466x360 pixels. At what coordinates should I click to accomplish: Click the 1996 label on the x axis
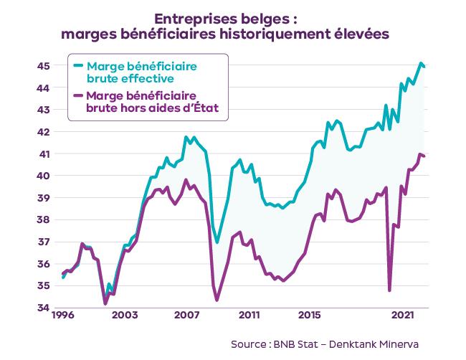pos(63,316)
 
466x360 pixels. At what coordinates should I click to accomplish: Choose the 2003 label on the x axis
pos(125,316)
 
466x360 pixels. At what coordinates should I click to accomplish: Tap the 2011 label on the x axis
pos(249,316)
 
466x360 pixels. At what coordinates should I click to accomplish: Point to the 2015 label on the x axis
pos(310,316)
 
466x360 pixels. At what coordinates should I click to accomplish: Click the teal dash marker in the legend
pos(77,66)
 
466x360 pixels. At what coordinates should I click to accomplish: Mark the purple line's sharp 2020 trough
pos(389,290)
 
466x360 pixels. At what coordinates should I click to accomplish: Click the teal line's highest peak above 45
pos(421,64)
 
